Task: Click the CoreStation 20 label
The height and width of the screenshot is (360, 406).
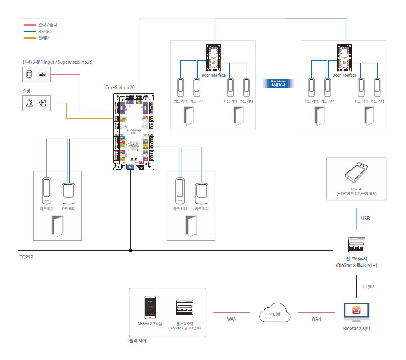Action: click(x=120, y=88)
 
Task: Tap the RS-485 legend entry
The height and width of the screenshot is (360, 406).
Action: click(x=45, y=31)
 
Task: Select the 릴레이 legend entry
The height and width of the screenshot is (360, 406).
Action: click(x=44, y=38)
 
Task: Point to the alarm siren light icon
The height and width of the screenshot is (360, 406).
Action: click(x=29, y=103)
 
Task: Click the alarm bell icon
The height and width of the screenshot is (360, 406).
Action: click(x=43, y=103)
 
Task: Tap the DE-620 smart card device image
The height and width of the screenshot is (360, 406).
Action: click(x=356, y=173)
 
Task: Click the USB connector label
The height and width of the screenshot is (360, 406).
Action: click(x=365, y=219)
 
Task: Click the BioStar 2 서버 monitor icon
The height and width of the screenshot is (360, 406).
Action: click(x=356, y=311)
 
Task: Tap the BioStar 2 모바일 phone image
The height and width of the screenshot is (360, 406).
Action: click(x=149, y=308)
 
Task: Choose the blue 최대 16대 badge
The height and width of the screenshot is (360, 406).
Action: click(x=278, y=83)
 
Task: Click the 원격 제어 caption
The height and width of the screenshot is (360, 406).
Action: click(x=138, y=341)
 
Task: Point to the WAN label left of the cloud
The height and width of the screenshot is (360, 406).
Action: click(x=232, y=319)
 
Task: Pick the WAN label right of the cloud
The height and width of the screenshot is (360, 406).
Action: click(x=316, y=319)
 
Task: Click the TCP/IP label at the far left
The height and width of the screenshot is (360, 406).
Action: click(x=26, y=257)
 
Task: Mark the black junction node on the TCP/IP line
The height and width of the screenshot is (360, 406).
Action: click(x=130, y=251)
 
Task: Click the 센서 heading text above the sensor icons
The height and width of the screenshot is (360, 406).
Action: click(x=57, y=62)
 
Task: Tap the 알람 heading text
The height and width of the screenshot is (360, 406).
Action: click(x=27, y=90)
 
